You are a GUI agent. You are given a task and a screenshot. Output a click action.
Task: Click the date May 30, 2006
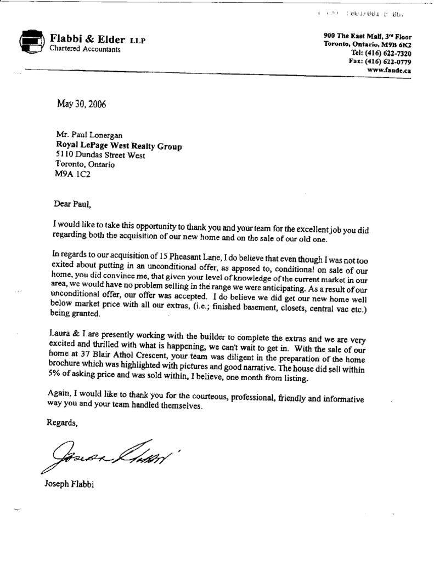82,105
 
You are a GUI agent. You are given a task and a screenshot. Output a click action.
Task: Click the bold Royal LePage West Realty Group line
119,146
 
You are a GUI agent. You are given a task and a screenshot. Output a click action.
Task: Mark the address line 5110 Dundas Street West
100,156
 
